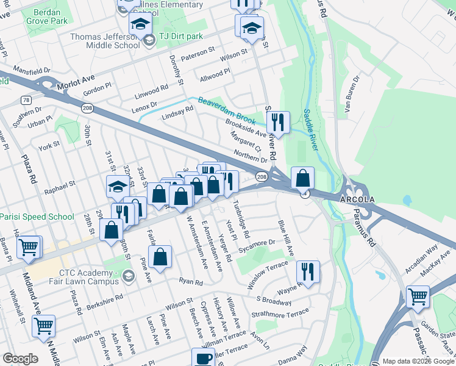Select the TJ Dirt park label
[x=180, y=37]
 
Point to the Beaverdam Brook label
[x=226, y=109]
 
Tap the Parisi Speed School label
[x=37, y=217]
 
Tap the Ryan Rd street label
[x=191, y=281]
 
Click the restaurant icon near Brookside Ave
[x=278, y=122]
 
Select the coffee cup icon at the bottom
[x=204, y=358]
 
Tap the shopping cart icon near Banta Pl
[x=29, y=247]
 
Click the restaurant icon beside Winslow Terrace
[x=308, y=271]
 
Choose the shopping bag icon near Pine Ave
[x=160, y=256]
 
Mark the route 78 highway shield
[x=26, y=99]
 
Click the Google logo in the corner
[x=20, y=359]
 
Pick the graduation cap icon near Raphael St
[x=118, y=187]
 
